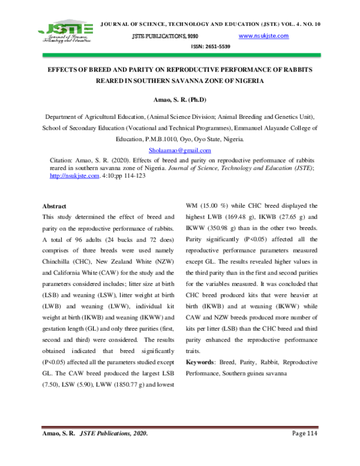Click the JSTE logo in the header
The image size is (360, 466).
(65, 32)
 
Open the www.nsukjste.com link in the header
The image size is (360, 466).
(263, 36)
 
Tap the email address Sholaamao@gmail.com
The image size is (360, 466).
(179, 150)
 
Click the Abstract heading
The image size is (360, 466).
(54, 206)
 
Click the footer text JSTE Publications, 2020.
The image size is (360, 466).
(114, 434)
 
